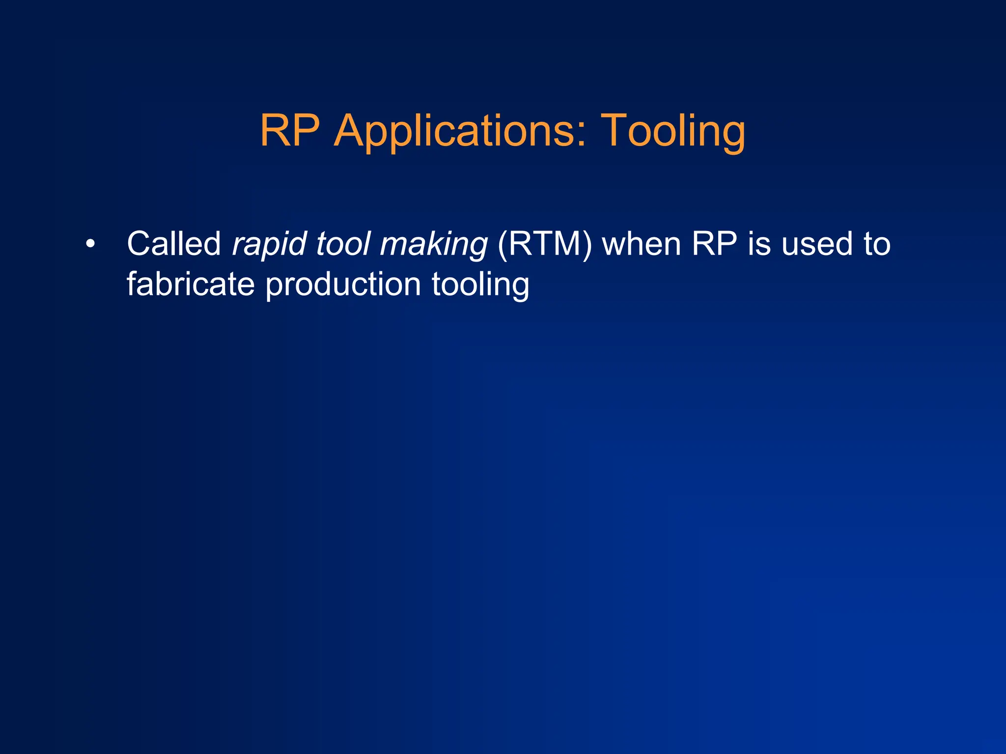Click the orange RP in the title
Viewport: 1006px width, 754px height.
coord(290,130)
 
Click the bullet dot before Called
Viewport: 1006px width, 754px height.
coord(89,244)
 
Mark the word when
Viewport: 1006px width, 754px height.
coord(641,244)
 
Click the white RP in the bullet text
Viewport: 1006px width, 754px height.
coord(714,244)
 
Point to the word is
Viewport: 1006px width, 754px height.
coord(759,244)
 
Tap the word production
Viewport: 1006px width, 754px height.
coord(343,285)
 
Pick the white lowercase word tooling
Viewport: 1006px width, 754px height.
coord(480,285)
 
